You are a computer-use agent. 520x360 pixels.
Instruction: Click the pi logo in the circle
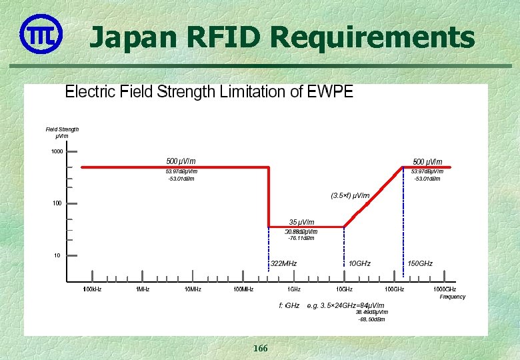click(x=40, y=33)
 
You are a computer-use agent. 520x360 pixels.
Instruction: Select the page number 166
click(x=260, y=349)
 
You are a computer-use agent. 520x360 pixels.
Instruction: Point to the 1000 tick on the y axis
click(x=57, y=151)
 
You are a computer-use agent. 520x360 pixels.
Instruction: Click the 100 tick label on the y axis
click(x=57, y=203)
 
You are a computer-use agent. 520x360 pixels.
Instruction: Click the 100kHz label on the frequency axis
click(x=92, y=289)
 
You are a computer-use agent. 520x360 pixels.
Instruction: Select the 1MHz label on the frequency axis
click(x=143, y=289)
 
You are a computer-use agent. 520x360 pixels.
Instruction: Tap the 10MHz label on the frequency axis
click(x=193, y=289)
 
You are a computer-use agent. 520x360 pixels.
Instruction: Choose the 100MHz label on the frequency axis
click(x=243, y=289)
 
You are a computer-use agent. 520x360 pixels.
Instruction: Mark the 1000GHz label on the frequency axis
click(x=445, y=289)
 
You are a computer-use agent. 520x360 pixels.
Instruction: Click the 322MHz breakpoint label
click(x=283, y=264)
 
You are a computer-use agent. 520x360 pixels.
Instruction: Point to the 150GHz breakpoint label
click(x=420, y=264)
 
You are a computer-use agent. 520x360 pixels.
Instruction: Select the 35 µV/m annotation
click(x=301, y=222)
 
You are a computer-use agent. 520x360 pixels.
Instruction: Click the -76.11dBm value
click(x=301, y=239)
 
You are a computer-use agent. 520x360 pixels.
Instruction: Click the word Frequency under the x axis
click(x=453, y=297)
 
